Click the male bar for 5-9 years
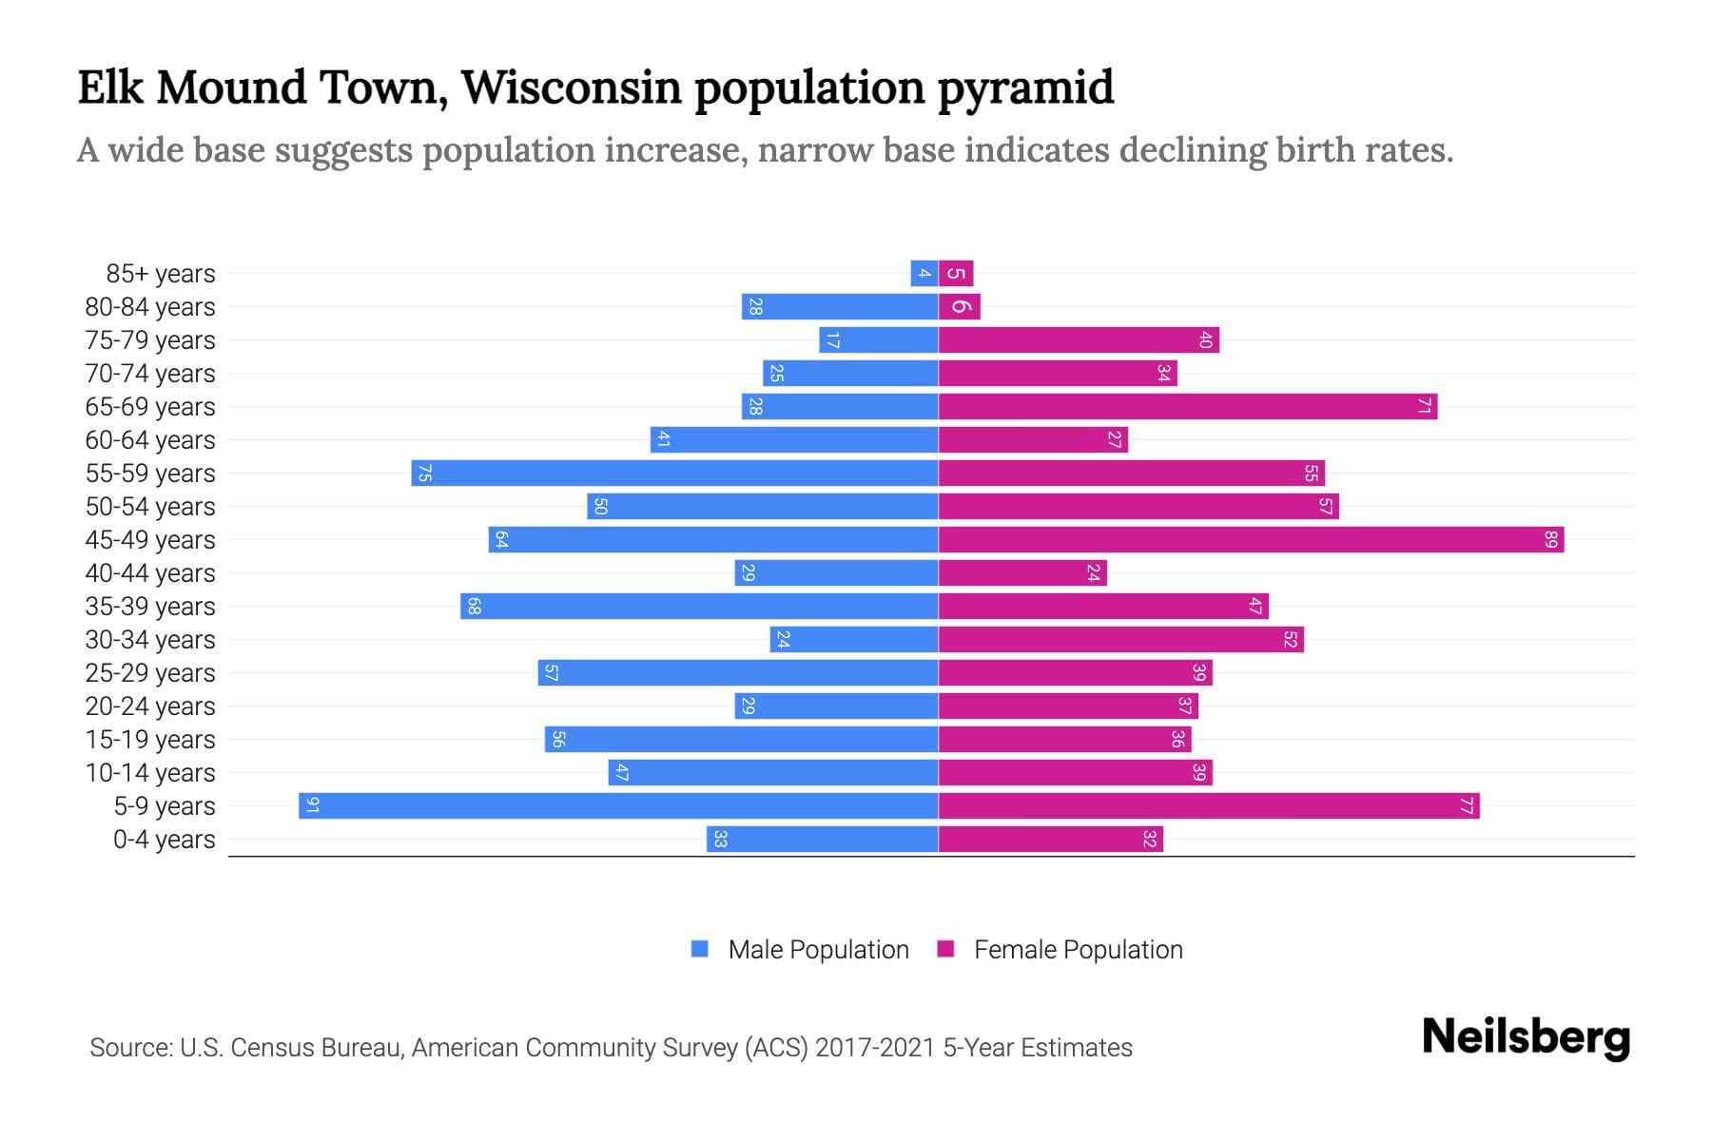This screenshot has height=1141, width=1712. pos(618,806)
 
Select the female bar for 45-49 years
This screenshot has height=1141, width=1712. pos(1251,540)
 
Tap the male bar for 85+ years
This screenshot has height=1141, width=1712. pos(924,274)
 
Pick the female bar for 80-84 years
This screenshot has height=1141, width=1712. pos(959,307)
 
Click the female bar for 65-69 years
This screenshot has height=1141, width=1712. pos(1187,407)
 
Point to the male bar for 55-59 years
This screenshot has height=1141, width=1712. pos(675,474)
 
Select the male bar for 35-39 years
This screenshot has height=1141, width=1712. pos(699,607)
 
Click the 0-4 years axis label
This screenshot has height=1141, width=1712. pos(164,840)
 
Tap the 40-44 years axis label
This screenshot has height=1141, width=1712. pos(150,573)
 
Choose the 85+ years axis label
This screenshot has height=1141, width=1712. pos(161,274)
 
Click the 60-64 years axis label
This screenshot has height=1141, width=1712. pos(150,440)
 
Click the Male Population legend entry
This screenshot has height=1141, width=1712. pos(817,950)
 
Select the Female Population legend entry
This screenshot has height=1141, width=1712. pos(1078,950)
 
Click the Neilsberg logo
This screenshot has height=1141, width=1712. pos(1526,1037)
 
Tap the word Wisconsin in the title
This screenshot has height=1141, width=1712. pos(571,87)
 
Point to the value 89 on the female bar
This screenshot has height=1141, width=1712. pos(1551,540)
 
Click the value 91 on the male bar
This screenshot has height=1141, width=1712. pos(312,806)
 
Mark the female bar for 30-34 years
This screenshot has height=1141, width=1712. pos(1120,640)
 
